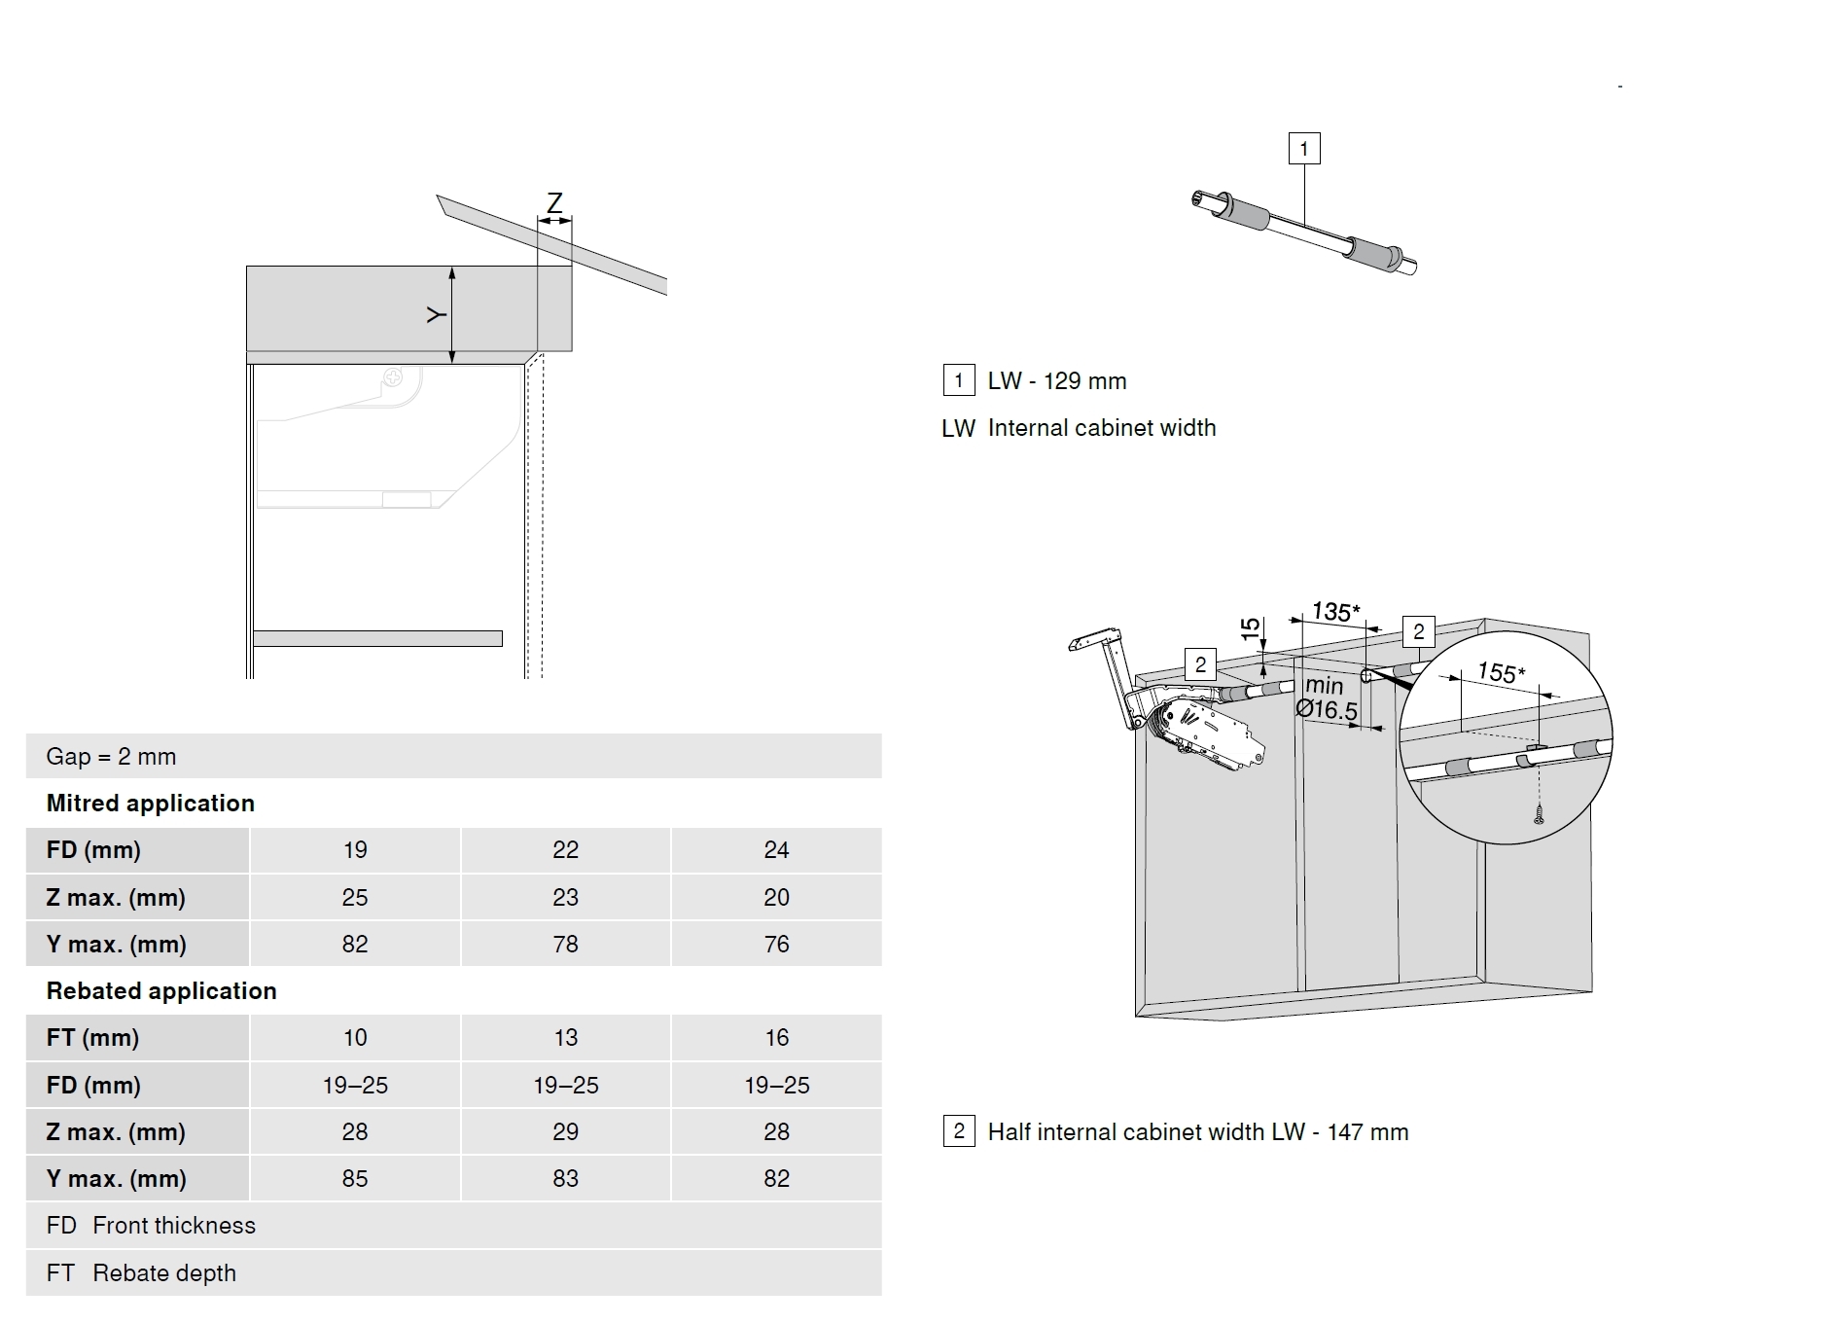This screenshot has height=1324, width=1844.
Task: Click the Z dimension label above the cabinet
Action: [x=554, y=202]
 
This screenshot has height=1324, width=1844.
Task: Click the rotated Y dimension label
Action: [x=437, y=314]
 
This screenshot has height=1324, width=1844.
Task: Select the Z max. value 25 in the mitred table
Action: [x=355, y=897]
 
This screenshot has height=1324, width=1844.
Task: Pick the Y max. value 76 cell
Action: [x=776, y=944]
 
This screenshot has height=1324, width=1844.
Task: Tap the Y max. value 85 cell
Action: [x=355, y=1178]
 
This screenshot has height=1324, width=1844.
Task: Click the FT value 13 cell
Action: [x=565, y=1038]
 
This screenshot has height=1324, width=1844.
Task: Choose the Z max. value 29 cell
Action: [x=565, y=1131]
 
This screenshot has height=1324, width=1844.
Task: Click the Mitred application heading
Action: [x=151, y=804]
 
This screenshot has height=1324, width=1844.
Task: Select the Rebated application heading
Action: [x=161, y=991]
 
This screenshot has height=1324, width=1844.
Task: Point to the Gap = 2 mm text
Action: [x=111, y=757]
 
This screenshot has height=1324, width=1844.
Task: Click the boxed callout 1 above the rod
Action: [x=1304, y=149]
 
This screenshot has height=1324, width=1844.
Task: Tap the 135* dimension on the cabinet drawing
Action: [x=1335, y=612]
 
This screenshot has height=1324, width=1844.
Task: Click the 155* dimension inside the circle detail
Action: [x=1501, y=672]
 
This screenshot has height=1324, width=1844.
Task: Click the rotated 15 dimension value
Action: [x=1251, y=628]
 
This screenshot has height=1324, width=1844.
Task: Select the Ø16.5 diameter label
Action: [x=1327, y=709]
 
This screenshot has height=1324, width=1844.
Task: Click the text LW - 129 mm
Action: [x=1057, y=381]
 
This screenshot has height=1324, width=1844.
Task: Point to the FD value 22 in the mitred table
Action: [x=565, y=850]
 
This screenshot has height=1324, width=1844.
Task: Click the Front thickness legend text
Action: [x=174, y=1226]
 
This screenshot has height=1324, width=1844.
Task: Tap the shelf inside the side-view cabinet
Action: [x=377, y=638]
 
